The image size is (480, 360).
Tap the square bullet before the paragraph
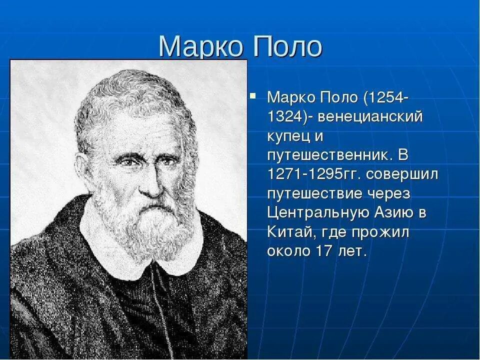tap(253, 94)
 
